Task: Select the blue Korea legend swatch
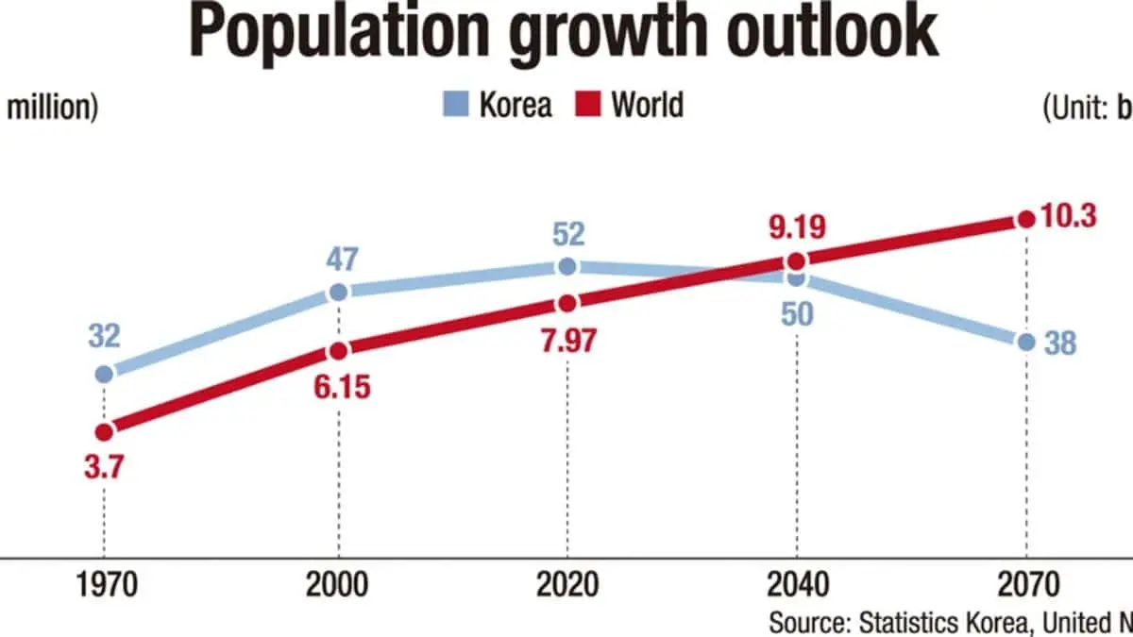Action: click(x=456, y=105)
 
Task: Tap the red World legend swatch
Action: click(x=587, y=105)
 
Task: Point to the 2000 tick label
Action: click(x=338, y=586)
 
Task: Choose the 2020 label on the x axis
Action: click(x=566, y=586)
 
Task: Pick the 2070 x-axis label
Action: click(x=1026, y=586)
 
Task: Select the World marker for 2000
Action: click(x=338, y=351)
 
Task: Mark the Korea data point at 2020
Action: click(x=566, y=267)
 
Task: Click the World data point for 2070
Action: click(x=1026, y=220)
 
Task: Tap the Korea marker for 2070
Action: click(x=1026, y=342)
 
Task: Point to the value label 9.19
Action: click(x=795, y=226)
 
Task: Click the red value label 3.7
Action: click(x=104, y=467)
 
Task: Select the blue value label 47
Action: click(x=338, y=258)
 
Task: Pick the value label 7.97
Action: click(x=566, y=340)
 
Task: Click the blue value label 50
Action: click(x=795, y=315)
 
